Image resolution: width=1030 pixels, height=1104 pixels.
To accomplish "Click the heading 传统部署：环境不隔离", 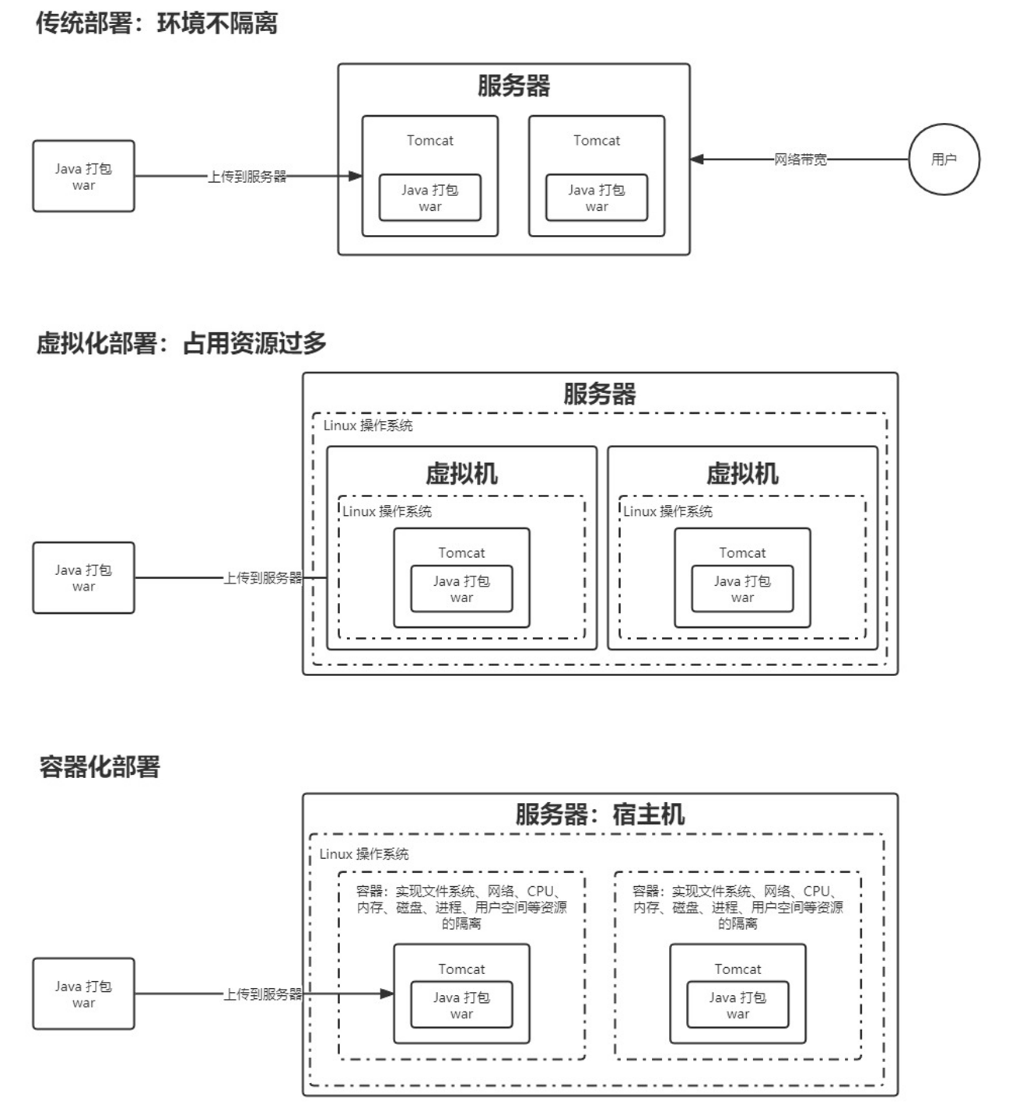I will [x=156, y=23].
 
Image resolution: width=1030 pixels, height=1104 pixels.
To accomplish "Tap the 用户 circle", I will [x=944, y=159].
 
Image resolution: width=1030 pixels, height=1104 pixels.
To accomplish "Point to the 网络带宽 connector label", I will [x=800, y=159].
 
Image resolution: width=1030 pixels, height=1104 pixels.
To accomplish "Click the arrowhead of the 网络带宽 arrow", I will [x=697, y=159].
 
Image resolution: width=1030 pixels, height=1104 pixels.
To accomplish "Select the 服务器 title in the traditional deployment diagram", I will [x=513, y=86].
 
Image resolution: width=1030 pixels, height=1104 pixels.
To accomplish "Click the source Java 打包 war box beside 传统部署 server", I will [x=83, y=177].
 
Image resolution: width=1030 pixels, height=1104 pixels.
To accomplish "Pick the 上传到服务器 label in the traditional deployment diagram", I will [x=247, y=177].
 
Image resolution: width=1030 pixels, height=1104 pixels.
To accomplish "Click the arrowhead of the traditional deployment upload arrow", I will [x=356, y=177].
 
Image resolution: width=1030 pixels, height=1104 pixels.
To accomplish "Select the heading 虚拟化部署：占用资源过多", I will [x=181, y=343].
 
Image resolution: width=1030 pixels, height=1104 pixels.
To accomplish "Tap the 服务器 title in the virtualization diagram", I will [x=599, y=394].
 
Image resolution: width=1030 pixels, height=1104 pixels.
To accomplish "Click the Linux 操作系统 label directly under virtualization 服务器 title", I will [x=368, y=426].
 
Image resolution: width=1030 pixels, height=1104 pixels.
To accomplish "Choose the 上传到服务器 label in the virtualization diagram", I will [x=262, y=578].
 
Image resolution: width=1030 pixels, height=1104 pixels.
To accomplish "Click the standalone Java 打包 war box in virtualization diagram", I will [x=83, y=578].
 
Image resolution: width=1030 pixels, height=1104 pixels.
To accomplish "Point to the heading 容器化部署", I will [x=100, y=767].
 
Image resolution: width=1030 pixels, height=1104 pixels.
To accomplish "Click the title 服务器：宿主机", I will [x=599, y=815].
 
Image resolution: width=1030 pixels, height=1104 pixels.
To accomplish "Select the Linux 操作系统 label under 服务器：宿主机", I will [x=363, y=854].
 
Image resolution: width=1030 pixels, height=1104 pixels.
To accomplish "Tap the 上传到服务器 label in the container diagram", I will [x=262, y=994].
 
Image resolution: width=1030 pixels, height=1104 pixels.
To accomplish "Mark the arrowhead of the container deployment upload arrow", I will [x=387, y=994].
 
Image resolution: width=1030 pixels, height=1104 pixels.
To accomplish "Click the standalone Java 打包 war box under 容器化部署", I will [x=83, y=994].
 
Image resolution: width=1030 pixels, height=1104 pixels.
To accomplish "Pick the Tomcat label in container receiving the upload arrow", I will [x=461, y=969].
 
